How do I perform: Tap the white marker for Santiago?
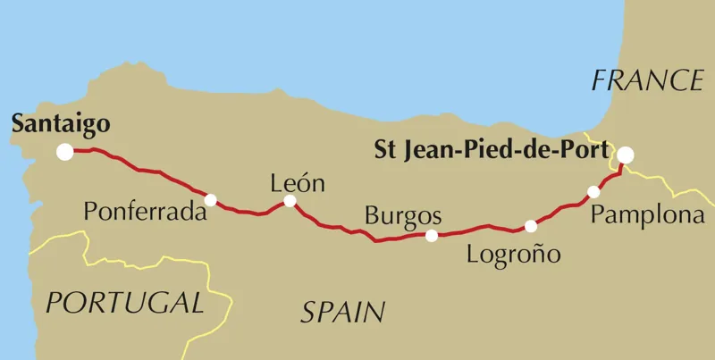pyautogui.click(x=65, y=152)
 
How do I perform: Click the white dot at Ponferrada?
pyautogui.click(x=210, y=200)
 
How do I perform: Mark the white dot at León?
pyautogui.click(x=290, y=201)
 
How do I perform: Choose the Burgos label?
pyautogui.click(x=403, y=216)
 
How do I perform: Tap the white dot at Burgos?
pyautogui.click(x=432, y=236)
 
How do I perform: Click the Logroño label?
pyautogui.click(x=514, y=254)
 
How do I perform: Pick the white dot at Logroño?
pyautogui.click(x=531, y=226)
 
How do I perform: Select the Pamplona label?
pyautogui.click(x=647, y=216)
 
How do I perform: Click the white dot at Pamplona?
pyautogui.click(x=593, y=192)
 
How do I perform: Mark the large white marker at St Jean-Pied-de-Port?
pyautogui.click(x=626, y=155)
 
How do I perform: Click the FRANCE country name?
pyautogui.click(x=648, y=81)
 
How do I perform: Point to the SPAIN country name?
pyautogui.click(x=343, y=312)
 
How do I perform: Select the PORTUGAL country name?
pyautogui.click(x=125, y=303)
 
